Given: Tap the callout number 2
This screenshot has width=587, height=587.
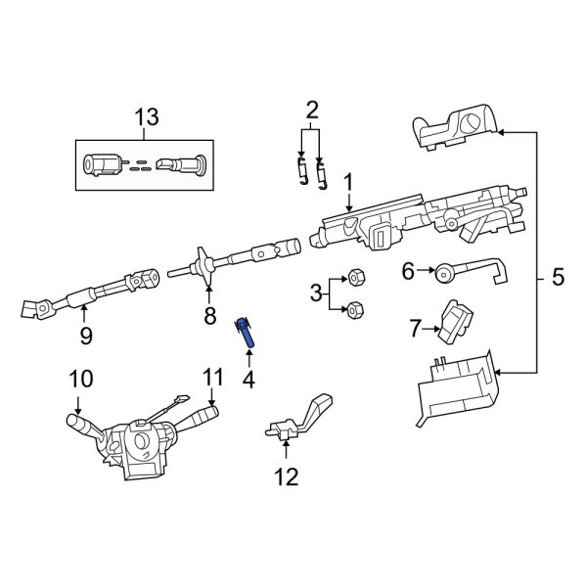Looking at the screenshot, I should point(312,108).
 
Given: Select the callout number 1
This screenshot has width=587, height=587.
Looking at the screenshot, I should point(346,183).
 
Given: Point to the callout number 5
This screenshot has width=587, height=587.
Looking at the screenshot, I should point(558,278).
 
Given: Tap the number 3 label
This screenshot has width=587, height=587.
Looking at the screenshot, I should point(315,293).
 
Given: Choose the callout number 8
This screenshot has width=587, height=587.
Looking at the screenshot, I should point(208,315).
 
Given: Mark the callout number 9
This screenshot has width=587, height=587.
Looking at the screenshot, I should point(84,337).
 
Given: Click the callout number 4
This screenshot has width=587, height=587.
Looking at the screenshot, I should point(248,377).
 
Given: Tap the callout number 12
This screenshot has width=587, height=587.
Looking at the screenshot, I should point(286,477).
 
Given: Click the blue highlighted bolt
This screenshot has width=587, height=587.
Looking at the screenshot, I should point(245,334).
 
